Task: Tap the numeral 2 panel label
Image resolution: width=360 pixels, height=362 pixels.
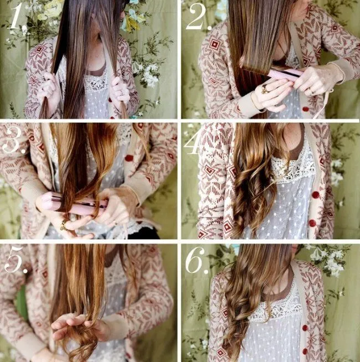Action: tap(199, 17)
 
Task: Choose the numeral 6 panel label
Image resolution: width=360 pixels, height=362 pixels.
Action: tap(197, 260)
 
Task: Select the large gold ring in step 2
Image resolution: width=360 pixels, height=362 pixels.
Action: tap(265, 89)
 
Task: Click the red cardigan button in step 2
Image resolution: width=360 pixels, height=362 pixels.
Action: tap(306, 108)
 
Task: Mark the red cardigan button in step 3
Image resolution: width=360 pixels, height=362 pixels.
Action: tap(130, 158)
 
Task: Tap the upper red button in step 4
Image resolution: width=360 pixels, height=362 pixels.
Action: tap(316, 195)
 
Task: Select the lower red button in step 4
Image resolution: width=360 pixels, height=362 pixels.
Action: tap(312, 223)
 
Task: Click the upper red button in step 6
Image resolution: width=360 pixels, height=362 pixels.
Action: tap(305, 328)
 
